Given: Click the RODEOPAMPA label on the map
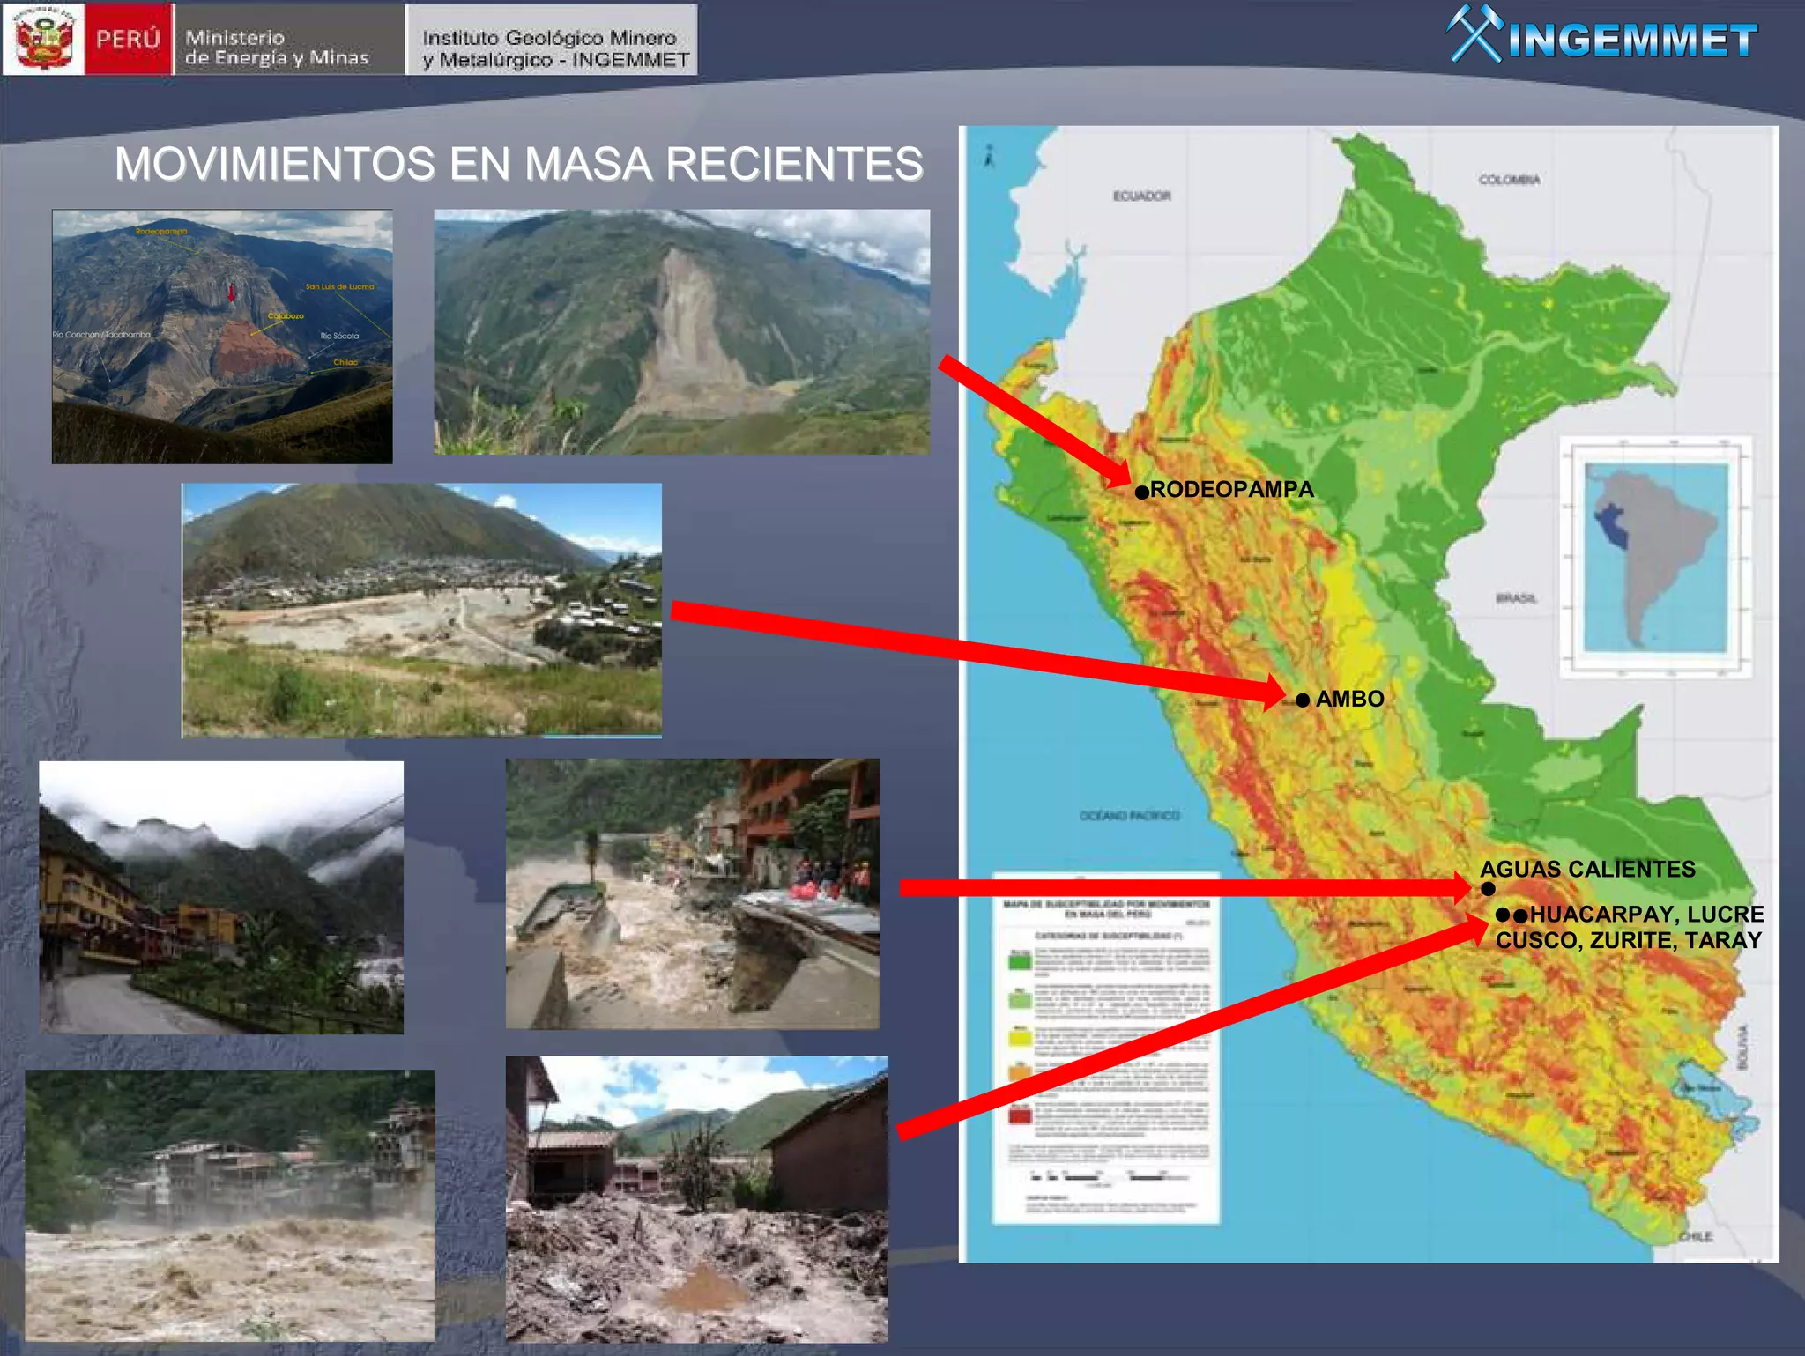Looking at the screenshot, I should click(1231, 489).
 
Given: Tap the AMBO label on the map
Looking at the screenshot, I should click(1349, 699).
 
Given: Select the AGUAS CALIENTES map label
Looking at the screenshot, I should click(1587, 869).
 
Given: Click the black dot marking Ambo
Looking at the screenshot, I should click(1303, 700).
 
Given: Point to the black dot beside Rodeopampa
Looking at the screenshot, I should click(1141, 492).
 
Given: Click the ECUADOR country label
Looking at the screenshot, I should click(1141, 196).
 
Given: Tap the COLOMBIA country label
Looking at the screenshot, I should click(1509, 180).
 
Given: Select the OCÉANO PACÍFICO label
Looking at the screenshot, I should click(1129, 816).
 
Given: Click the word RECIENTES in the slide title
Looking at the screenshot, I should click(794, 164).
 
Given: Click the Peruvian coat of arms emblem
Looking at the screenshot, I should click(44, 39).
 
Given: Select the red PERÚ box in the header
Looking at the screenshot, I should click(128, 39).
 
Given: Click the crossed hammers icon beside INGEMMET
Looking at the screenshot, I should click(1474, 35).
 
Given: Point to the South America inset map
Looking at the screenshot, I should click(1654, 557).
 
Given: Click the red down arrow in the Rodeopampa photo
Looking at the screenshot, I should click(232, 293).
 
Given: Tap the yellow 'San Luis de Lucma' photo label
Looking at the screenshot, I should click(339, 286).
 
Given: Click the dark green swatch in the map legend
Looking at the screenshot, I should click(1020, 961).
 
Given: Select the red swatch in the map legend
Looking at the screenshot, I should click(1020, 1115).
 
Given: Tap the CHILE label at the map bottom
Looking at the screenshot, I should click(1695, 1236).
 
